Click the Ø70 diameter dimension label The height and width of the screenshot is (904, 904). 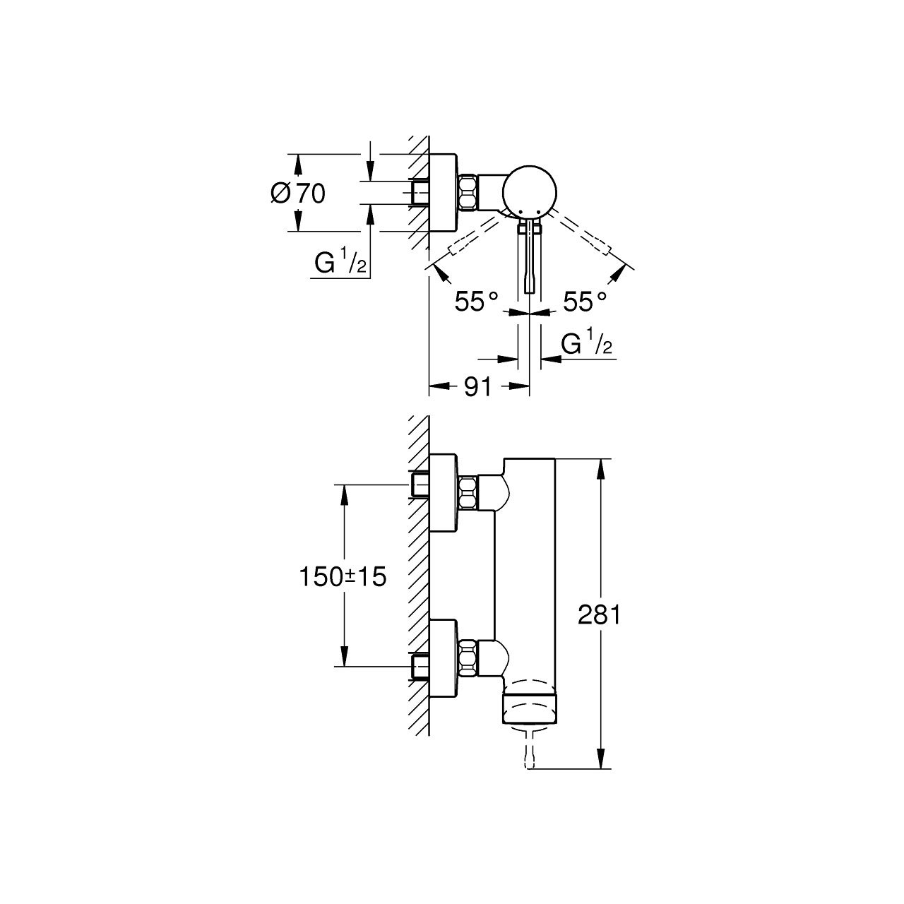coord(298,193)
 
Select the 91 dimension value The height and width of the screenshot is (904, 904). coord(478,387)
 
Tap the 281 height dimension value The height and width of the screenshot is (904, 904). coord(599,615)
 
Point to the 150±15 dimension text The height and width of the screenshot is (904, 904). coord(343,576)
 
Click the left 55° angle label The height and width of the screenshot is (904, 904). coord(477,302)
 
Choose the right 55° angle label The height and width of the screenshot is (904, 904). coord(585,302)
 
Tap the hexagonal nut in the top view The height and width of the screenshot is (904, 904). coord(468,192)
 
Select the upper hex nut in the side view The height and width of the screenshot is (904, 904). coord(468,493)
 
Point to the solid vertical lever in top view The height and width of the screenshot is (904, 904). coord(530,261)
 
